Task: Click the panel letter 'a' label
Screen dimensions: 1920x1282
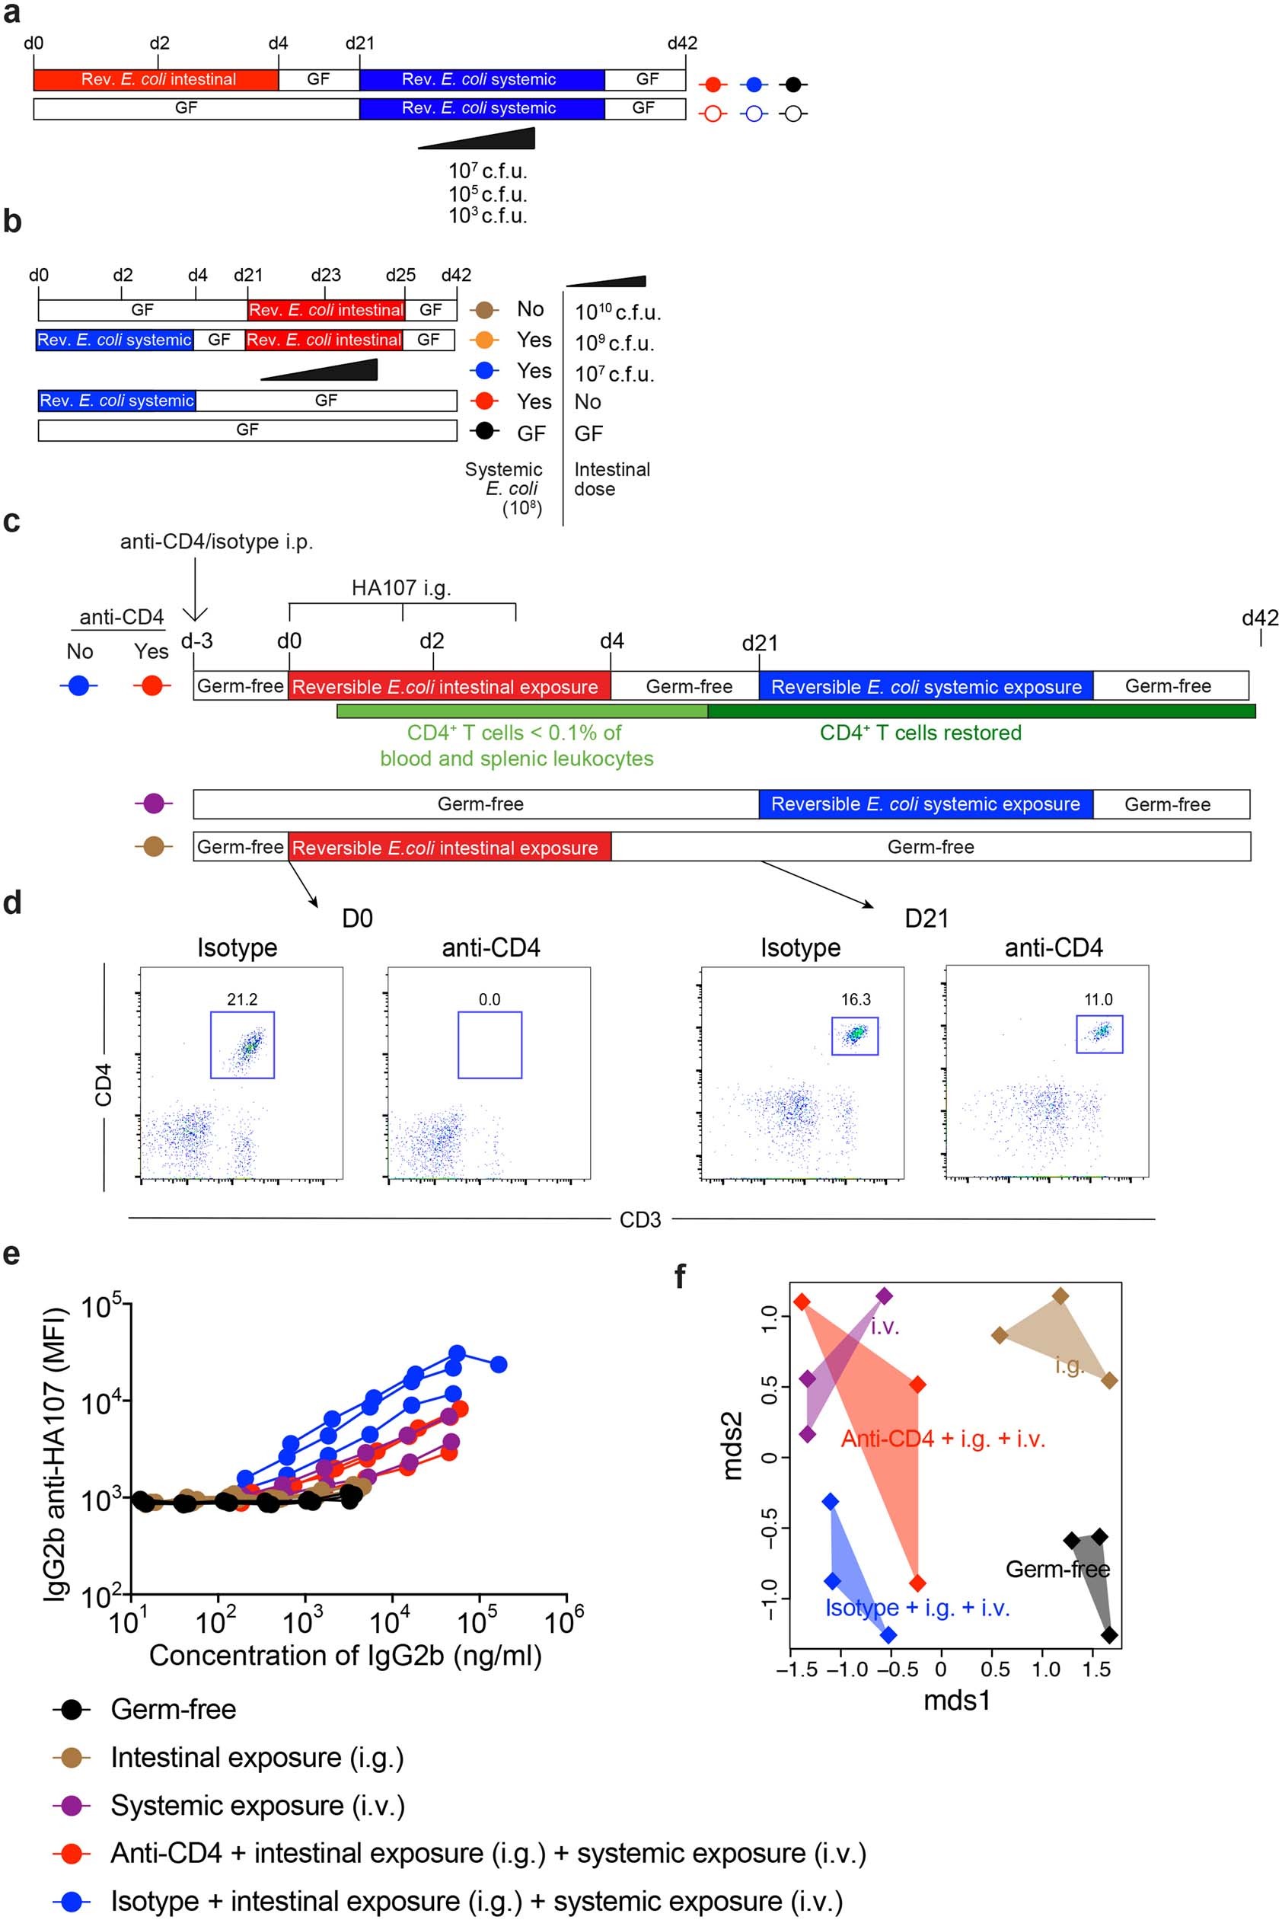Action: (11, 14)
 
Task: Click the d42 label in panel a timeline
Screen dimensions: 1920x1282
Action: (682, 43)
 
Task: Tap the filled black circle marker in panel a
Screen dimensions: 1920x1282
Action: (792, 85)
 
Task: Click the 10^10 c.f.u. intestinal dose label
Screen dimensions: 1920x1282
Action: (617, 311)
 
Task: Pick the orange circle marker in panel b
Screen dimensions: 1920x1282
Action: (486, 340)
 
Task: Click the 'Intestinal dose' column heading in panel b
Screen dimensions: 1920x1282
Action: (611, 479)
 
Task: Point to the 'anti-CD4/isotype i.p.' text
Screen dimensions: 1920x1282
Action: (217, 541)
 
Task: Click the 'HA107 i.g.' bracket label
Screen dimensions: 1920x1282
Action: (400, 587)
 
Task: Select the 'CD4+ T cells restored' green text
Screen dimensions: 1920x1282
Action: (920, 733)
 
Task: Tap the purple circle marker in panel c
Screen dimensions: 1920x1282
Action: (153, 803)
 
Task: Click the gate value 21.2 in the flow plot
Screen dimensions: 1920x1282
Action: (242, 999)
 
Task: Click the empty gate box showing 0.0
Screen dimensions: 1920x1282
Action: (489, 1044)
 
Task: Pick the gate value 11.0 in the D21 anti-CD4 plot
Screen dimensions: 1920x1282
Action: (1098, 999)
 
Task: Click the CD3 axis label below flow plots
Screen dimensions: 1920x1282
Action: (640, 1220)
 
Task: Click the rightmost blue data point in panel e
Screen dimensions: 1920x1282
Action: (498, 1364)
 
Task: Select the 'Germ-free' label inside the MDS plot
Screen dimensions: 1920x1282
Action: (1057, 1569)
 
